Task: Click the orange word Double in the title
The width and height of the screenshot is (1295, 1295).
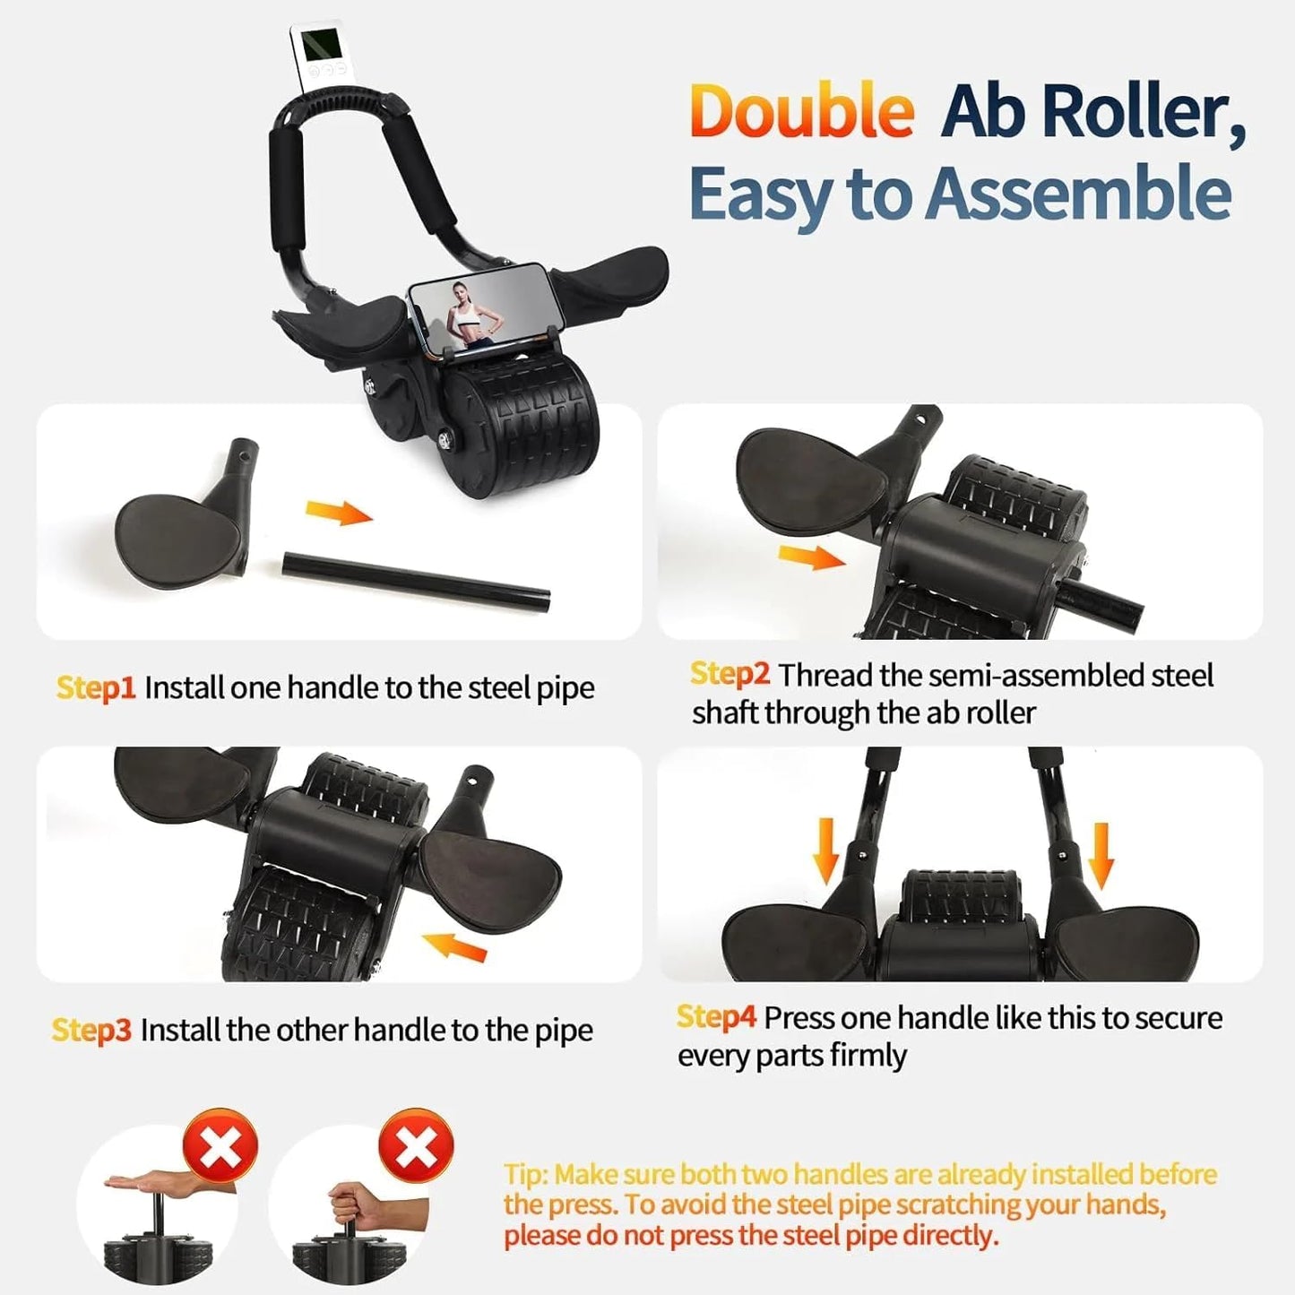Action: pyautogui.click(x=801, y=111)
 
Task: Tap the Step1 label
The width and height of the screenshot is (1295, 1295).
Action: pyautogui.click(x=95, y=687)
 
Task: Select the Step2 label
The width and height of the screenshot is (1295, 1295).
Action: pyautogui.click(x=730, y=674)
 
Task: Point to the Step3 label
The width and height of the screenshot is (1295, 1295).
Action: pyautogui.click(x=91, y=1030)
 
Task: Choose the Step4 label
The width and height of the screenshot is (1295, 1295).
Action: pyautogui.click(x=716, y=1017)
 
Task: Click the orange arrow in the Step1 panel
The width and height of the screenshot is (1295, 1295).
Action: pyautogui.click(x=339, y=513)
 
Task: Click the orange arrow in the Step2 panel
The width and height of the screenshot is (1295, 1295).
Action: pyautogui.click(x=811, y=557)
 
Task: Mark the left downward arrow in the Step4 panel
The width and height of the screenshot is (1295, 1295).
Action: pyautogui.click(x=825, y=850)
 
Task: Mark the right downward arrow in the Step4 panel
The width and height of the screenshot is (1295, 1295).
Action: pyautogui.click(x=1101, y=855)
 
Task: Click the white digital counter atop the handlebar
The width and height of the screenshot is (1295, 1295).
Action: pyautogui.click(x=316, y=56)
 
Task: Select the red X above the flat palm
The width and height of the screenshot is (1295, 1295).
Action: pyautogui.click(x=220, y=1146)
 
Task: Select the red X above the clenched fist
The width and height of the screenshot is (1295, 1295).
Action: pyautogui.click(x=416, y=1146)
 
